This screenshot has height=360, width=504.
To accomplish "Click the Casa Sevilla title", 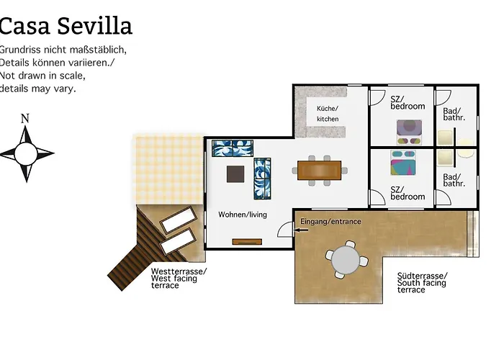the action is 66,26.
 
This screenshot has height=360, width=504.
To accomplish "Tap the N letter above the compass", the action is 25,119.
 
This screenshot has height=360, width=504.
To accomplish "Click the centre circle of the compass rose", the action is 26,154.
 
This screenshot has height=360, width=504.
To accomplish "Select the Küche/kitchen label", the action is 328,114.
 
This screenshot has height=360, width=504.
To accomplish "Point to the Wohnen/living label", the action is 243,215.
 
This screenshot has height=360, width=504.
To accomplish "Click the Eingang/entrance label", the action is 330,222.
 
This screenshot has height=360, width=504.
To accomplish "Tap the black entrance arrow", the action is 301,230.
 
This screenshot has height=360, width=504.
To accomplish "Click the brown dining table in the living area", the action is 319,171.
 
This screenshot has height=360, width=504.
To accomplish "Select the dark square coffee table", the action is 235,174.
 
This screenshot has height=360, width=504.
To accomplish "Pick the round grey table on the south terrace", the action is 345,260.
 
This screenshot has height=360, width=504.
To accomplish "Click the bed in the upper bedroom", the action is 409,132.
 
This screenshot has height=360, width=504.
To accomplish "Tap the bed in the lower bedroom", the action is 403,163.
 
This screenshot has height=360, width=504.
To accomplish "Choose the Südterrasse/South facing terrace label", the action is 422,283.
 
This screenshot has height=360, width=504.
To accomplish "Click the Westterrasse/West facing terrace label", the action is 179,279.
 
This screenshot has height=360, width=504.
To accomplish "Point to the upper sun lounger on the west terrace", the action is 178,220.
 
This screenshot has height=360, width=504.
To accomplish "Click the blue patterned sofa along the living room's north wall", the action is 233,148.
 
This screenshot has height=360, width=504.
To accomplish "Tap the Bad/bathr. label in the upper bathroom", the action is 454,114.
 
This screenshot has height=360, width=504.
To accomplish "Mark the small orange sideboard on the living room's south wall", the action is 247,242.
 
